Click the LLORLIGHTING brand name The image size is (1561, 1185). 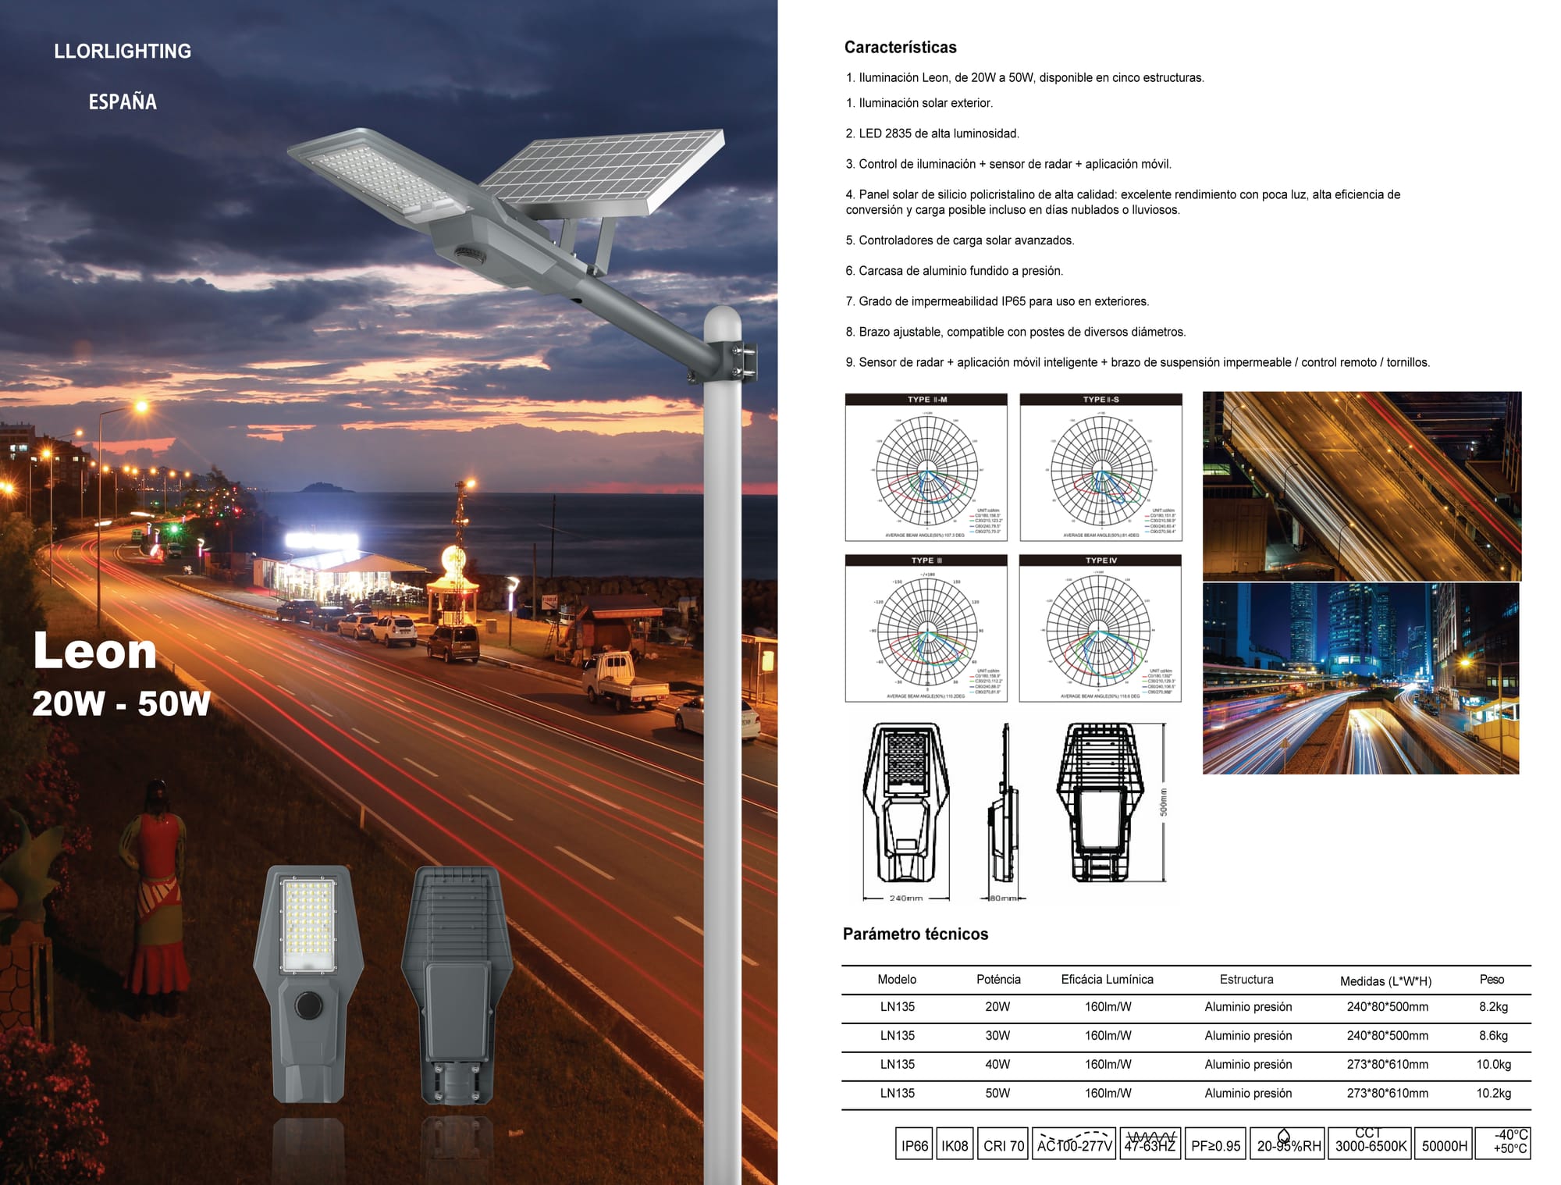point(123,52)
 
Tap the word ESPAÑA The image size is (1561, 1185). point(123,102)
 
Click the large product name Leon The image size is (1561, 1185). point(95,651)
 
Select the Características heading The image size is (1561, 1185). point(900,48)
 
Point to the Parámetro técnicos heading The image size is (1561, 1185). point(915,934)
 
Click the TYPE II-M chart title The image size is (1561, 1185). point(926,400)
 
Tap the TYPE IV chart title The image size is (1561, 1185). point(1101,560)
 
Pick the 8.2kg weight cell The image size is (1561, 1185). point(1492,1007)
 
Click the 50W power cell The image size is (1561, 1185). point(997,1093)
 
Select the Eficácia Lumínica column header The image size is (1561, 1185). point(1107,980)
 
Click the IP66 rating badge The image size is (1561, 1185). point(914,1145)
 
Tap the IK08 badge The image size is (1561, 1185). point(954,1145)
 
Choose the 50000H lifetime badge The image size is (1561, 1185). point(1444,1145)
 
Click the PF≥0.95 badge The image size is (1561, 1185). point(1215,1145)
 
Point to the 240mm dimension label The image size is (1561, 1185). point(905,899)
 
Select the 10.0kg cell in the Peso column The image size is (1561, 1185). point(1492,1064)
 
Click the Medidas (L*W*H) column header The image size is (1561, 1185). point(1385,980)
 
